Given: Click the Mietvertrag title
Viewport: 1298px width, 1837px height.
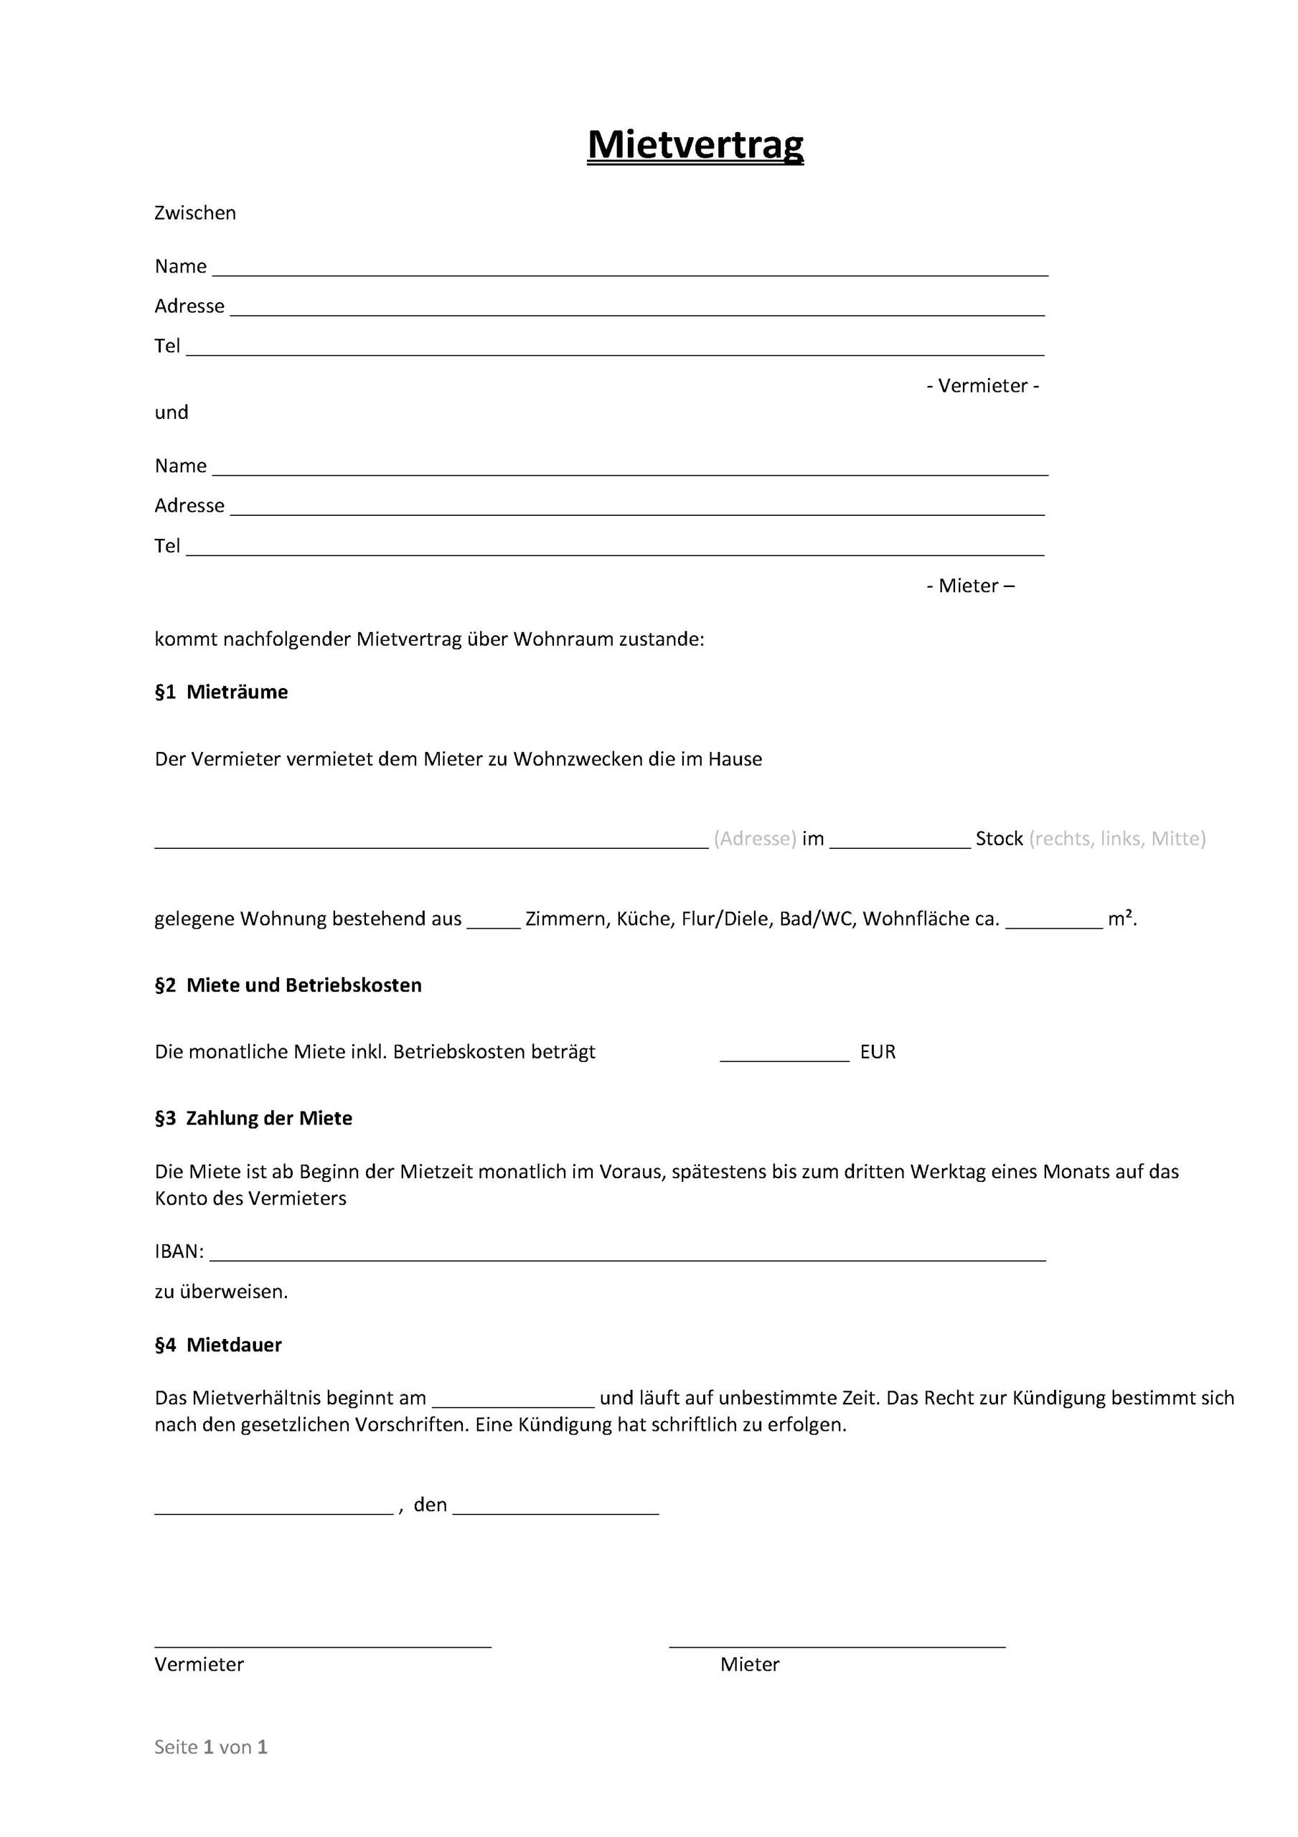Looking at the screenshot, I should pos(695,145).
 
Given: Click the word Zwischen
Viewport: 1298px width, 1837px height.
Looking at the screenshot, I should pos(195,213).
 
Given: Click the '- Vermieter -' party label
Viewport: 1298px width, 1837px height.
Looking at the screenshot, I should pos(983,385).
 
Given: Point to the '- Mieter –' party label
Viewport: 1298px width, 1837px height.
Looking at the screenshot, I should pos(970,586).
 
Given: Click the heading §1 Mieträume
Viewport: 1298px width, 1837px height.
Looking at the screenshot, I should pos(221,692).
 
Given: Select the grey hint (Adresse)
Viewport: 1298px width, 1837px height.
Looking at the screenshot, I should pos(755,839).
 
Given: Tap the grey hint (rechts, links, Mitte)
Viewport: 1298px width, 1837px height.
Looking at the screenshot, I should pos(1117,839).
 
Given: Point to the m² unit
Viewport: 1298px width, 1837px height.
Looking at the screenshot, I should pos(1122,918).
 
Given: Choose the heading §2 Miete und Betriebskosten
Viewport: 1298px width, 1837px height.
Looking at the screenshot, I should pos(288,985).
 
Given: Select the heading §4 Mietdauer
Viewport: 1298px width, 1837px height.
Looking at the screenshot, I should pos(217,1345).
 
